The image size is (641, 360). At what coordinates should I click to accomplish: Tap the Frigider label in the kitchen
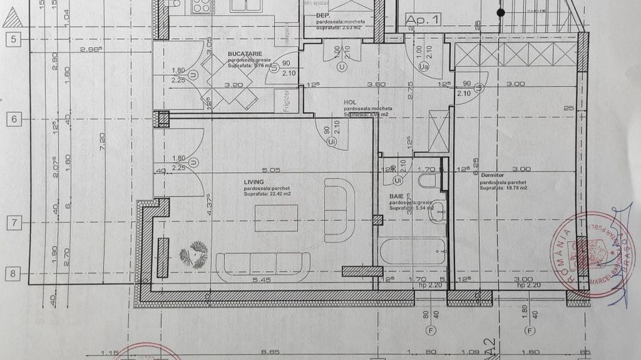[x=288, y=100]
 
